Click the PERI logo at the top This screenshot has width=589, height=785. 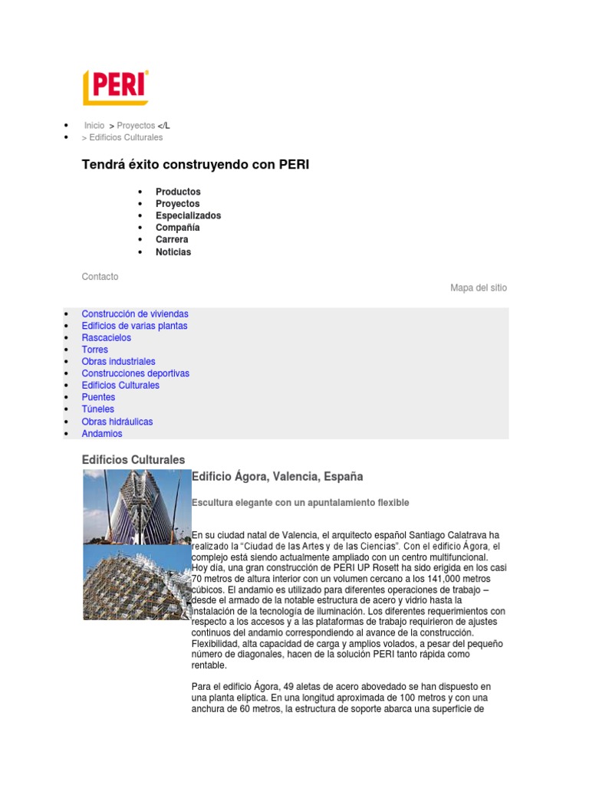coord(115,87)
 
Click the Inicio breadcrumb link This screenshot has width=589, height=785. coord(94,125)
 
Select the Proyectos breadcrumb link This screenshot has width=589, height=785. coord(136,125)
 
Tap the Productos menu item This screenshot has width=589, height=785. coord(178,192)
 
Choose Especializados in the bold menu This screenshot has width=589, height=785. coord(188,215)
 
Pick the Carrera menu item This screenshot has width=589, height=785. coord(172,239)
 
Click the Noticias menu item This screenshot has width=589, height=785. coord(173,251)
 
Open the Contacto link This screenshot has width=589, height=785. coord(100,277)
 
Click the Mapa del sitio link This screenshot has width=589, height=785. coord(479,288)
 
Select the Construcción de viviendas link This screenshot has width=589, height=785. coord(135,314)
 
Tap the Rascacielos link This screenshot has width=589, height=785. coord(107,338)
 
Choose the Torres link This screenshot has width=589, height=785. coord(95,350)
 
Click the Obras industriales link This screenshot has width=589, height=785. coord(119,362)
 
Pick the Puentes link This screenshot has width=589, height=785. coord(99,397)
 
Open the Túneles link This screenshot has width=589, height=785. coord(98,409)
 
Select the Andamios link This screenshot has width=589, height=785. coord(102,434)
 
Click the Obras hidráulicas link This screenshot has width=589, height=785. coord(117,422)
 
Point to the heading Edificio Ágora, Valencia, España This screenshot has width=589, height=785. coord(278,477)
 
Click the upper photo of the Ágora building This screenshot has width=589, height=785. coord(137,507)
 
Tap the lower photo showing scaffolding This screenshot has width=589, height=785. coord(137,583)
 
